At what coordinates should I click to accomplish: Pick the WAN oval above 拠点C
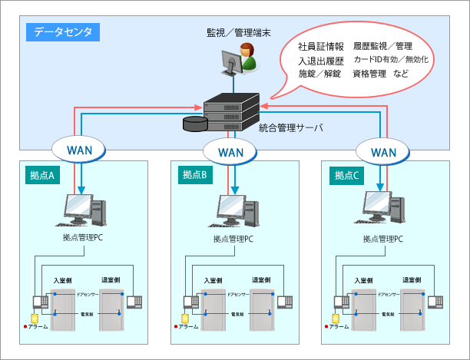[382, 151]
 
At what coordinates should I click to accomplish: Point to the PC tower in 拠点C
[398, 210]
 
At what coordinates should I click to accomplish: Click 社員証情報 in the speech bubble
[321, 47]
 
